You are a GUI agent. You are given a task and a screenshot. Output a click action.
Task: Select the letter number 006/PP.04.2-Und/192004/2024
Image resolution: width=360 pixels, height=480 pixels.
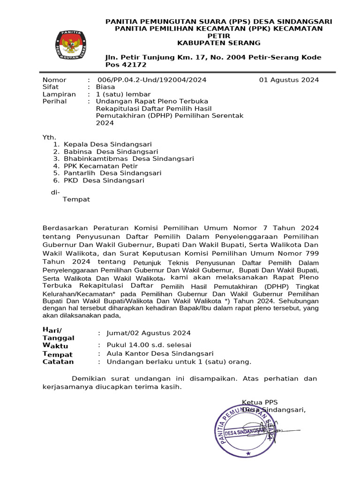pyautogui.click(x=151, y=80)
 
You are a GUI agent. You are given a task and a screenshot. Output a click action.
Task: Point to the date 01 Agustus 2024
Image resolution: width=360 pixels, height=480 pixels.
pyautogui.click(x=289, y=80)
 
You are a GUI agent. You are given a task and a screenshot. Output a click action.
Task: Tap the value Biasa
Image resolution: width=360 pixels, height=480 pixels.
pyautogui.click(x=105, y=87)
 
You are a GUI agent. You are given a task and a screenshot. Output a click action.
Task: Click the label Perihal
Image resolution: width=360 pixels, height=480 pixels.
pyautogui.click(x=53, y=101)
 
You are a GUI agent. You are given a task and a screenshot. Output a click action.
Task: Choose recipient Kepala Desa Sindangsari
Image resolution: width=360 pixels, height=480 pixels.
pyautogui.click(x=108, y=145)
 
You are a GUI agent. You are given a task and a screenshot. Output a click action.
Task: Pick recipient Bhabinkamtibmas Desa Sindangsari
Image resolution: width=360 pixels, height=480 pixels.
pyautogui.click(x=129, y=159)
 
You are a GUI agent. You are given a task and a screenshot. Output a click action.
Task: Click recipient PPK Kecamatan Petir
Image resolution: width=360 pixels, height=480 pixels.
pyautogui.click(x=101, y=166)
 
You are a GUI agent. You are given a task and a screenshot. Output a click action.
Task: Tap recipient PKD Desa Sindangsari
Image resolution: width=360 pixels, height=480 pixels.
pyautogui.click(x=104, y=180)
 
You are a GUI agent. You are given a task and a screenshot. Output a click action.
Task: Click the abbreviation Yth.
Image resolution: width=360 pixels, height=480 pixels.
pyautogui.click(x=49, y=137)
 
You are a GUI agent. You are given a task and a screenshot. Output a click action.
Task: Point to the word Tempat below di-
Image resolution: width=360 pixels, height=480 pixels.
pyautogui.click(x=76, y=200)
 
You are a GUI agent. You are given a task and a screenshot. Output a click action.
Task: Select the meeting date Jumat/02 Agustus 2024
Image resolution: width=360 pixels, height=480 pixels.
pyautogui.click(x=149, y=333)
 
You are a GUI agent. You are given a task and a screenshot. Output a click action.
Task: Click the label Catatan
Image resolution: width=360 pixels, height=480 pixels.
pyautogui.click(x=58, y=362)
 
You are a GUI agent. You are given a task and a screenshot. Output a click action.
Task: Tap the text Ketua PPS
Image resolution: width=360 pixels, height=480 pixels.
pyautogui.click(x=260, y=402)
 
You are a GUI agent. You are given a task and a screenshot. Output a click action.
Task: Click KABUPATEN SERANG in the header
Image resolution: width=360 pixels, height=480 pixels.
pyautogui.click(x=218, y=43)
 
